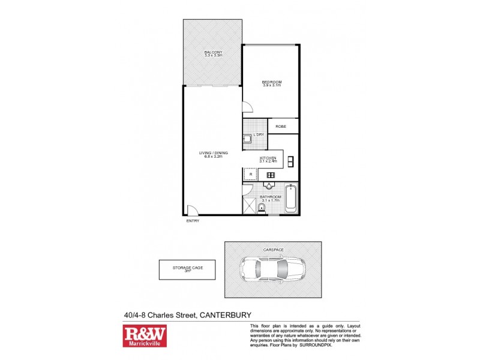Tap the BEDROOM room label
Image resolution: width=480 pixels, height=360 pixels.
[x=272, y=83]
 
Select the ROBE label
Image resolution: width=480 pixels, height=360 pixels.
[x=280, y=127]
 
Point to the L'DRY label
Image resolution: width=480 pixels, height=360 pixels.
[x=259, y=134]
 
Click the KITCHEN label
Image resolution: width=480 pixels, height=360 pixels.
[x=268, y=160]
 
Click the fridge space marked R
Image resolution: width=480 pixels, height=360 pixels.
[x=250, y=175]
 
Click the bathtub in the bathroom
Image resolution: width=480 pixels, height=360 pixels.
[x=290, y=198]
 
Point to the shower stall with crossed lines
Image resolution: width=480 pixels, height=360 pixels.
[x=249, y=206]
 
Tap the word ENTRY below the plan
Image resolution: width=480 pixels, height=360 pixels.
[x=192, y=221]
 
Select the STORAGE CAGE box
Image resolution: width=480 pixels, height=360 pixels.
[x=185, y=270]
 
